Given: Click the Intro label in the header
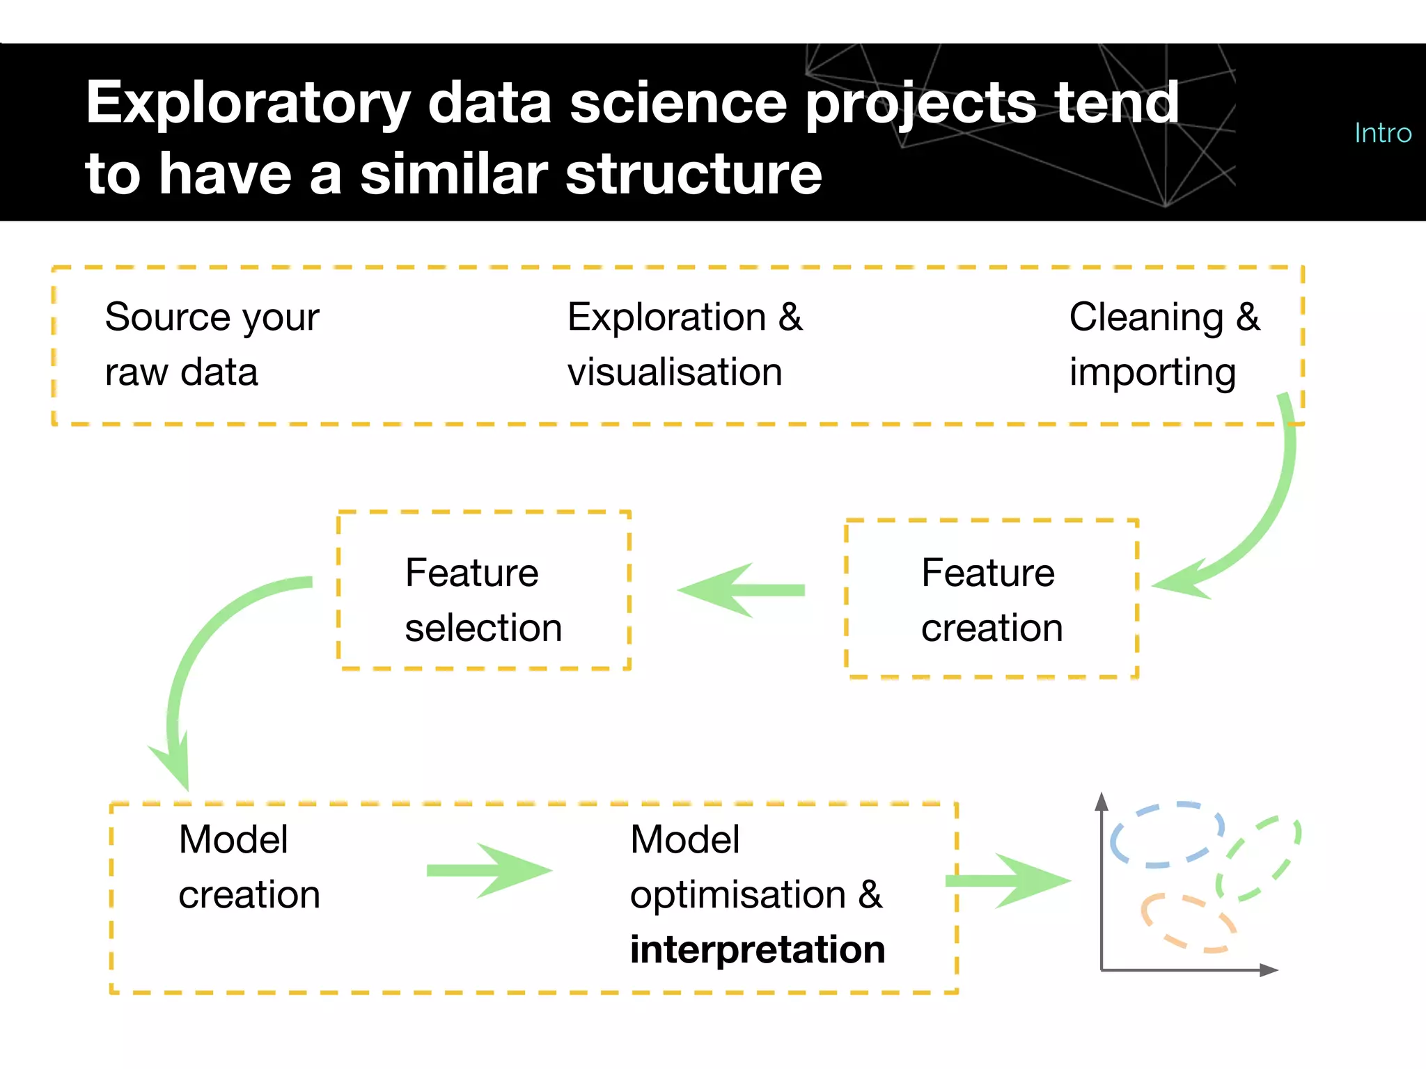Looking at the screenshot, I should click(x=1382, y=133).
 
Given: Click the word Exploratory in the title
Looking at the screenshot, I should click(x=247, y=103).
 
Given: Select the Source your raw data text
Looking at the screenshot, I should click(x=212, y=345).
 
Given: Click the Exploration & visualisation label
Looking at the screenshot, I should click(x=684, y=345).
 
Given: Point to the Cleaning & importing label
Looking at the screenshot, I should click(x=1163, y=345).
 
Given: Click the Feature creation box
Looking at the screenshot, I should click(x=991, y=599).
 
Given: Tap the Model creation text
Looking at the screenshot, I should click(x=249, y=866).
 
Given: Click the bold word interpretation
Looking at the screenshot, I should click(x=757, y=950).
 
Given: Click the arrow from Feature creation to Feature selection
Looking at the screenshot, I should click(x=741, y=590).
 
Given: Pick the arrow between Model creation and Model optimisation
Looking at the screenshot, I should click(x=489, y=871).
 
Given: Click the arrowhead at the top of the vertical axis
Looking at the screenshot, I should click(x=1101, y=802).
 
